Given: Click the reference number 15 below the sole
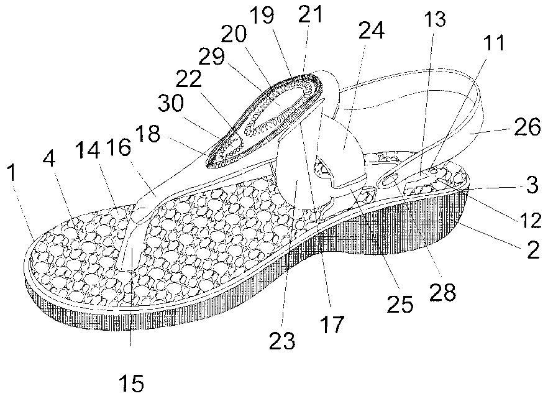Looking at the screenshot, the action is coord(132,383).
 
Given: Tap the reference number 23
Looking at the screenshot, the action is coord(282,339).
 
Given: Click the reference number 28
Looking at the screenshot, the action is coord(442,292).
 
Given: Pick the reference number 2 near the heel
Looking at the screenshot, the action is coord(533,251).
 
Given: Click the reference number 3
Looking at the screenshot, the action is coord(532,185).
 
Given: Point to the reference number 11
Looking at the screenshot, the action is coord(494,42).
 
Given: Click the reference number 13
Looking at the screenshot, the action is coord(435,19).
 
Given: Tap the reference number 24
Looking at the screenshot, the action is coord(372,30).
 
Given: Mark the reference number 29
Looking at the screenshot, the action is coord(211,56).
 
